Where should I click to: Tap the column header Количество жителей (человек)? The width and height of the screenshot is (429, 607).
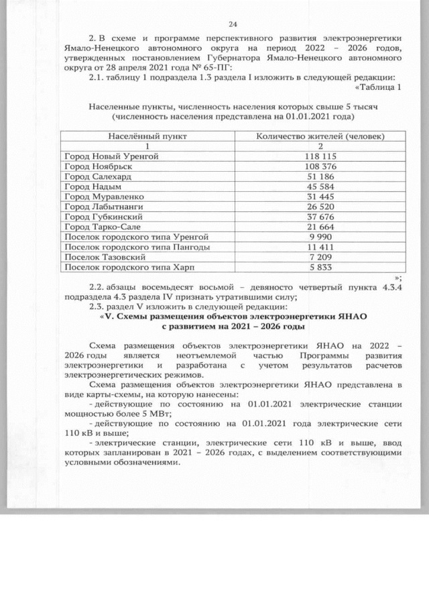point(320,136)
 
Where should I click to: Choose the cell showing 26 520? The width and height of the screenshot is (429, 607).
point(320,207)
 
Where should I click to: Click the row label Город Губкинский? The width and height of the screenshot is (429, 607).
point(101,217)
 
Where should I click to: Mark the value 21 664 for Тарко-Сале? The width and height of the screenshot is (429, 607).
point(320,227)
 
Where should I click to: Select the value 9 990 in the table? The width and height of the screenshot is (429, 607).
point(320,237)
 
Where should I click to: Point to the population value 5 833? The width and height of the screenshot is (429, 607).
point(320,267)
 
